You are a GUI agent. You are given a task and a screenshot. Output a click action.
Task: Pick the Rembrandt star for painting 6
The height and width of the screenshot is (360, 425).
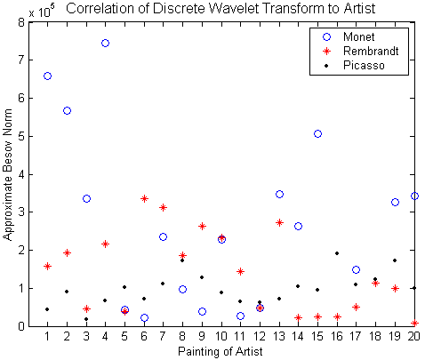coord(144,198)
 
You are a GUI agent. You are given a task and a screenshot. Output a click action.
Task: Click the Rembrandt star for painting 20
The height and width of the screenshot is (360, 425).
coord(414,323)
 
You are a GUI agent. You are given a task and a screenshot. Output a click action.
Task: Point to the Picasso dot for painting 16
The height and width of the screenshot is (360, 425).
coord(337,253)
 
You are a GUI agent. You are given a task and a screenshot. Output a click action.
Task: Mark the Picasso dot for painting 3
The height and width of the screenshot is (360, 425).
coord(86,319)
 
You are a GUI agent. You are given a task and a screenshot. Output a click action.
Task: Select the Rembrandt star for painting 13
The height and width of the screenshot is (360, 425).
coord(279,223)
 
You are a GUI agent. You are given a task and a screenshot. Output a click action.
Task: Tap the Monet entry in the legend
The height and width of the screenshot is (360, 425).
coord(349,37)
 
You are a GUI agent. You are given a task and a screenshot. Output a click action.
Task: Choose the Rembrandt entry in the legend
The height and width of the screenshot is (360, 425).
coord(361,52)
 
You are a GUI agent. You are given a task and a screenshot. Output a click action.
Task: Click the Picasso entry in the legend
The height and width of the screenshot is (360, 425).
coord(355,66)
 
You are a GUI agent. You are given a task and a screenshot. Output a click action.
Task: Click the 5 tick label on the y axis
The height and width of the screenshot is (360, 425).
coord(21,137)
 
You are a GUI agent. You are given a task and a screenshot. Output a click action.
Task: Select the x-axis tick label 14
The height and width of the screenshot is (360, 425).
coord(298,337)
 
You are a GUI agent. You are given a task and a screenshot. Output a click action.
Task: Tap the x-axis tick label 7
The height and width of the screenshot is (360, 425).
coord(163,337)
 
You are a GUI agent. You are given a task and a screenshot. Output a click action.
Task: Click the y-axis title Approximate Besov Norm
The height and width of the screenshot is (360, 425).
coord(7,174)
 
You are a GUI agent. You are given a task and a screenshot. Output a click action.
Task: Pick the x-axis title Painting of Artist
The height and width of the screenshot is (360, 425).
coord(221,352)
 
